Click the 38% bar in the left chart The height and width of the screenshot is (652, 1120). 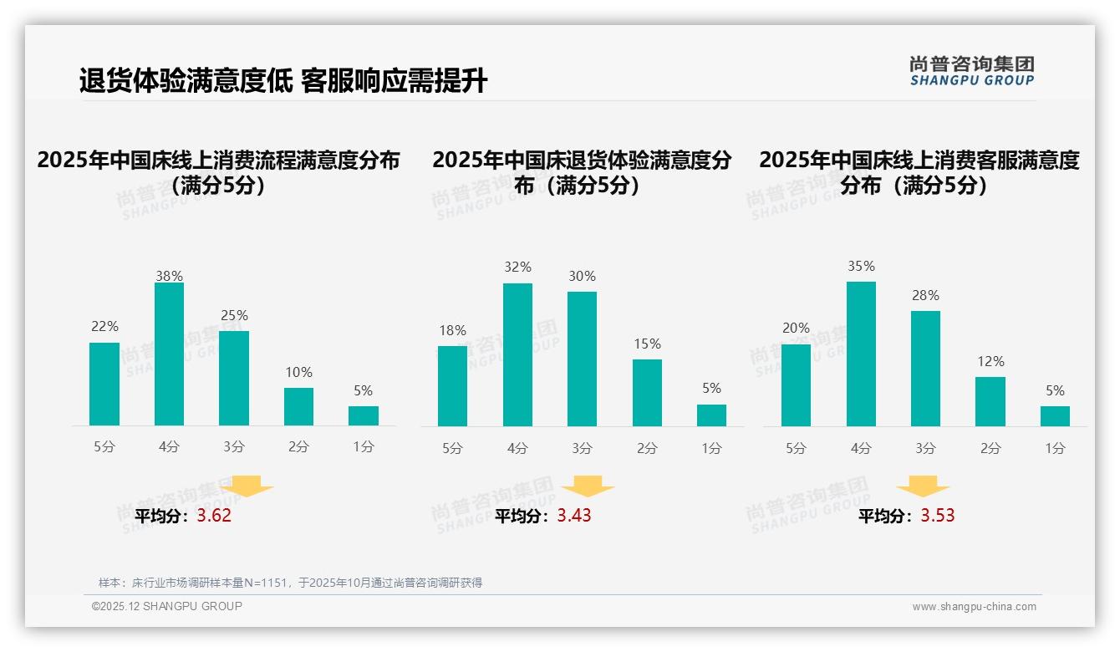169,354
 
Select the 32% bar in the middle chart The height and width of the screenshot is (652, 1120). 517,355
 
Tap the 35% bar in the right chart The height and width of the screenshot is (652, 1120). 861,354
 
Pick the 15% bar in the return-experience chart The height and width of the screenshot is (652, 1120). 647,393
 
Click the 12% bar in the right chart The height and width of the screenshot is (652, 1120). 990,401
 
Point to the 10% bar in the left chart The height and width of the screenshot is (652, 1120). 298,406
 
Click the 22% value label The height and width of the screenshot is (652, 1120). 104,327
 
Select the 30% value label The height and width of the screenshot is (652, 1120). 582,276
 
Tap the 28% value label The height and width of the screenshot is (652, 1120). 925,295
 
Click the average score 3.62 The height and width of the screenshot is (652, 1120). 214,516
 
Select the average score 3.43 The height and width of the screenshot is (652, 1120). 574,516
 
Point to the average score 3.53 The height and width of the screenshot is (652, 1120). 938,516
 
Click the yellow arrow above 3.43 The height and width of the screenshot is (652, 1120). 588,486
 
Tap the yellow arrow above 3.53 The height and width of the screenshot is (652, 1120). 923,486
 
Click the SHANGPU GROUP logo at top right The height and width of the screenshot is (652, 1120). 971,70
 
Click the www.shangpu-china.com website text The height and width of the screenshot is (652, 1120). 974,607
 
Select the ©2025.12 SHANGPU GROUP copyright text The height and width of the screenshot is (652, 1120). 167,606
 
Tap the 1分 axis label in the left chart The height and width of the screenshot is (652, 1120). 364,447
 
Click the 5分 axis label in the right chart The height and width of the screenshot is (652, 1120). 796,449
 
